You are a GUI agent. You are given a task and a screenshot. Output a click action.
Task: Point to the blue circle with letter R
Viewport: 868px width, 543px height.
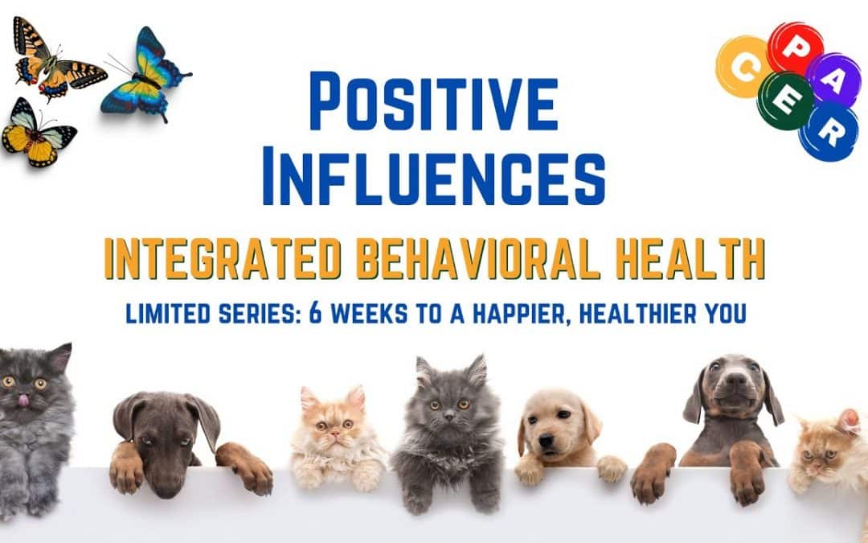pyautogui.click(x=828, y=131)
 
